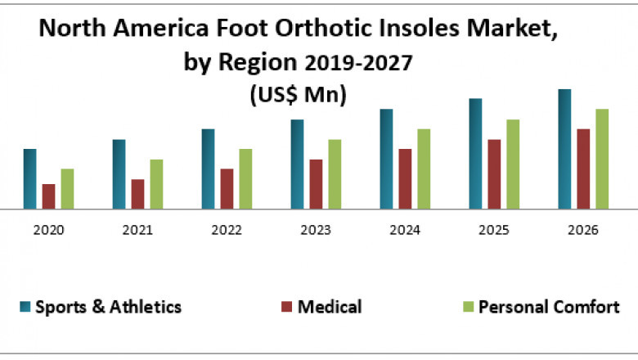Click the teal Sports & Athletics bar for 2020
29,178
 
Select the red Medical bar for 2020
48,196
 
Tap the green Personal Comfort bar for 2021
156,184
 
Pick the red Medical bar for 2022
227,189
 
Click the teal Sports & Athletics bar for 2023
297,164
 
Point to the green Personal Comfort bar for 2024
424,169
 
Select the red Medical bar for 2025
494,173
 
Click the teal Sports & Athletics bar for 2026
564,149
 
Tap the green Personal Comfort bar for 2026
602,159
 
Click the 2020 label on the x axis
48,231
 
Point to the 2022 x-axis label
227,231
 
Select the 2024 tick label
404,231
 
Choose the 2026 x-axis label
582,231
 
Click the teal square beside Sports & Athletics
25,308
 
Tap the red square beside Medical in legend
286,308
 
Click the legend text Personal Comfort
548,308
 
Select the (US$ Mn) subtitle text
297,95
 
